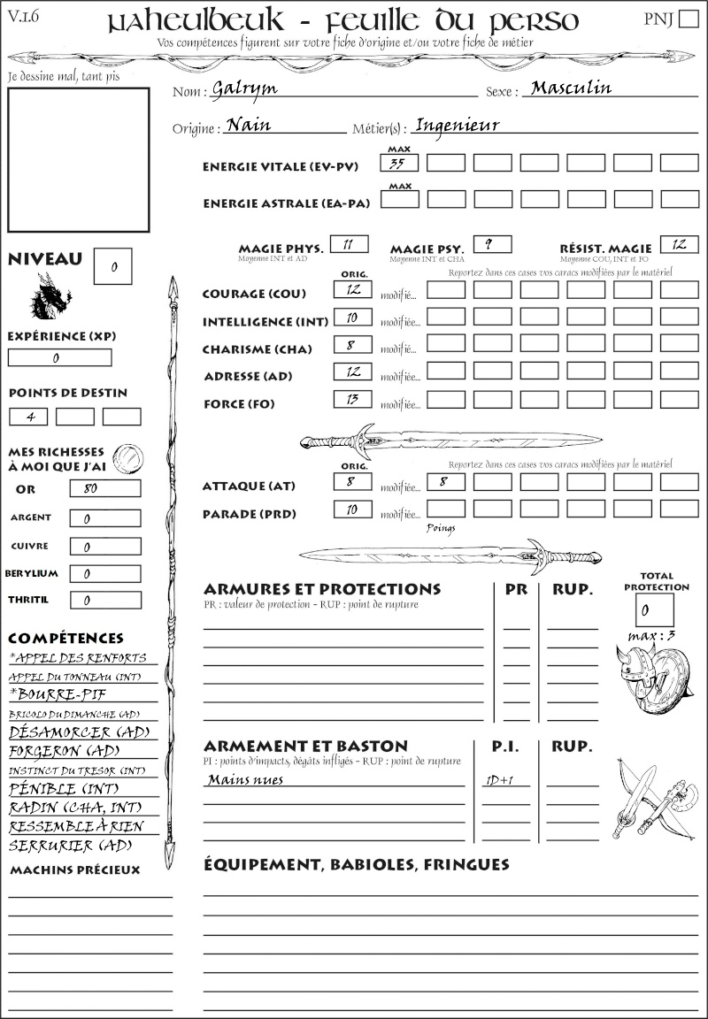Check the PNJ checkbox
687,19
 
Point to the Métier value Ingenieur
458,125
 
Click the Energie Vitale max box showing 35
399,163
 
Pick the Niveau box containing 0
114,266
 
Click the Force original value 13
352,399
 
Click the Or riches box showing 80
104,488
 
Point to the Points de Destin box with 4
28,417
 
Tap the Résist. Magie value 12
678,244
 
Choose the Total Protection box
654,609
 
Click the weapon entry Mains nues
245,780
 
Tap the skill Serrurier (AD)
70,845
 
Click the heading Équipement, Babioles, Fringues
356,863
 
